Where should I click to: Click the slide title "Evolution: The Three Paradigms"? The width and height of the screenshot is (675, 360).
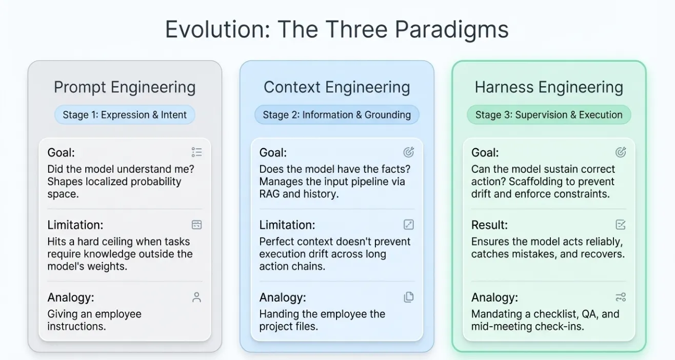(x=337, y=29)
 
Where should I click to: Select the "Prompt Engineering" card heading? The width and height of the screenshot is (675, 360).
(x=125, y=87)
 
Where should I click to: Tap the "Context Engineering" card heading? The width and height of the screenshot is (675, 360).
(x=337, y=87)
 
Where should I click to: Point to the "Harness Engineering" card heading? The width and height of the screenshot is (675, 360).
(x=549, y=87)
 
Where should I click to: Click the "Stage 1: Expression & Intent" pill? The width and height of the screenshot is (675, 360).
(x=125, y=115)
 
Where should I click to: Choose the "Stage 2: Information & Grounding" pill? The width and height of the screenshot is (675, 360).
(x=337, y=115)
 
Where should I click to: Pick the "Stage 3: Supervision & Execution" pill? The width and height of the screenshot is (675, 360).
(x=549, y=115)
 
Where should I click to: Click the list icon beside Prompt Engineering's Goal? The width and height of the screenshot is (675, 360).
(x=197, y=152)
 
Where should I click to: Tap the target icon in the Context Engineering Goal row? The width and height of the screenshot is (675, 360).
(x=409, y=152)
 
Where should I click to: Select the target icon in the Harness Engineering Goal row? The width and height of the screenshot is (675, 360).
(x=621, y=152)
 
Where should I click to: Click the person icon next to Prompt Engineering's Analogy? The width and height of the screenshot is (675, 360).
(x=197, y=297)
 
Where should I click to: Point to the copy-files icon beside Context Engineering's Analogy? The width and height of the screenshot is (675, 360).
(x=409, y=297)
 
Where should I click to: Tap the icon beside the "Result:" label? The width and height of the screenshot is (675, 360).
(x=621, y=225)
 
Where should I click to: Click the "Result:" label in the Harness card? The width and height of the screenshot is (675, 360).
(x=489, y=225)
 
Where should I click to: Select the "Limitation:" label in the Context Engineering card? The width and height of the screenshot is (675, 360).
(x=287, y=225)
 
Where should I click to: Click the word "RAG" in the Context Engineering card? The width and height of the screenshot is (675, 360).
(x=269, y=194)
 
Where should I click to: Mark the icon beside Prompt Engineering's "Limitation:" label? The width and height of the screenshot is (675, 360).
(x=197, y=225)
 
